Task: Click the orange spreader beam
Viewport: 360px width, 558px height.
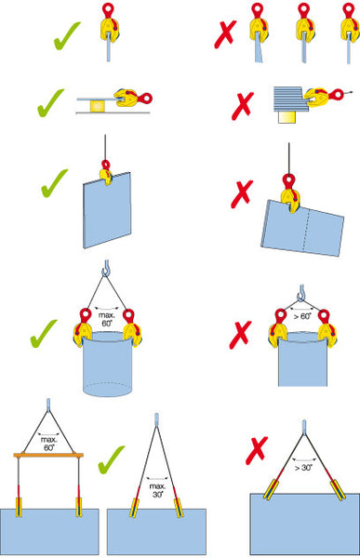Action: pos(48,455)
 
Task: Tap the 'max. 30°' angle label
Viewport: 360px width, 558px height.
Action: pos(157,490)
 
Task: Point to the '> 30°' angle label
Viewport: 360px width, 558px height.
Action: pos(303,467)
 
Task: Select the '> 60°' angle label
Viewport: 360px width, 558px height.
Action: pos(302,316)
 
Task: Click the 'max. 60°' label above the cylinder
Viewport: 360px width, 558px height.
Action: pos(107,319)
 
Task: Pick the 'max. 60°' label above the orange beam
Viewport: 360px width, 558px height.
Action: pos(48,444)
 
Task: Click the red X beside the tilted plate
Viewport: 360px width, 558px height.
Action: pos(242,193)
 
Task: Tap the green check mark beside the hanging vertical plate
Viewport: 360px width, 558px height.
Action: pos(54,183)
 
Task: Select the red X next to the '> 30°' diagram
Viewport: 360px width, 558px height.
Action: pos(257,450)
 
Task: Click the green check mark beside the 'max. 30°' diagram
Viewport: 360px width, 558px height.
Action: pos(111,459)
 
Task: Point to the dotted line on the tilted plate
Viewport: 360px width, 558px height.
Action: pos(306,229)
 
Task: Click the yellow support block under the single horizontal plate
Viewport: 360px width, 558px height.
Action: pos(98,106)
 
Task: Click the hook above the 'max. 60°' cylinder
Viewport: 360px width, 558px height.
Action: pos(106,269)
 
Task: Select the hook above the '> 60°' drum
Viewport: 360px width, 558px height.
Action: pos(301,293)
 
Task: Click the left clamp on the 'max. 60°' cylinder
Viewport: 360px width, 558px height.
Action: pos(82,328)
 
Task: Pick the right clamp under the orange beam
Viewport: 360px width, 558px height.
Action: pos(79,508)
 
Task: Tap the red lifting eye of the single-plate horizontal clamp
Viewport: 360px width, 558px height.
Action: pos(145,99)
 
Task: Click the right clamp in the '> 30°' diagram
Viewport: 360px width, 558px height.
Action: pos(338,490)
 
